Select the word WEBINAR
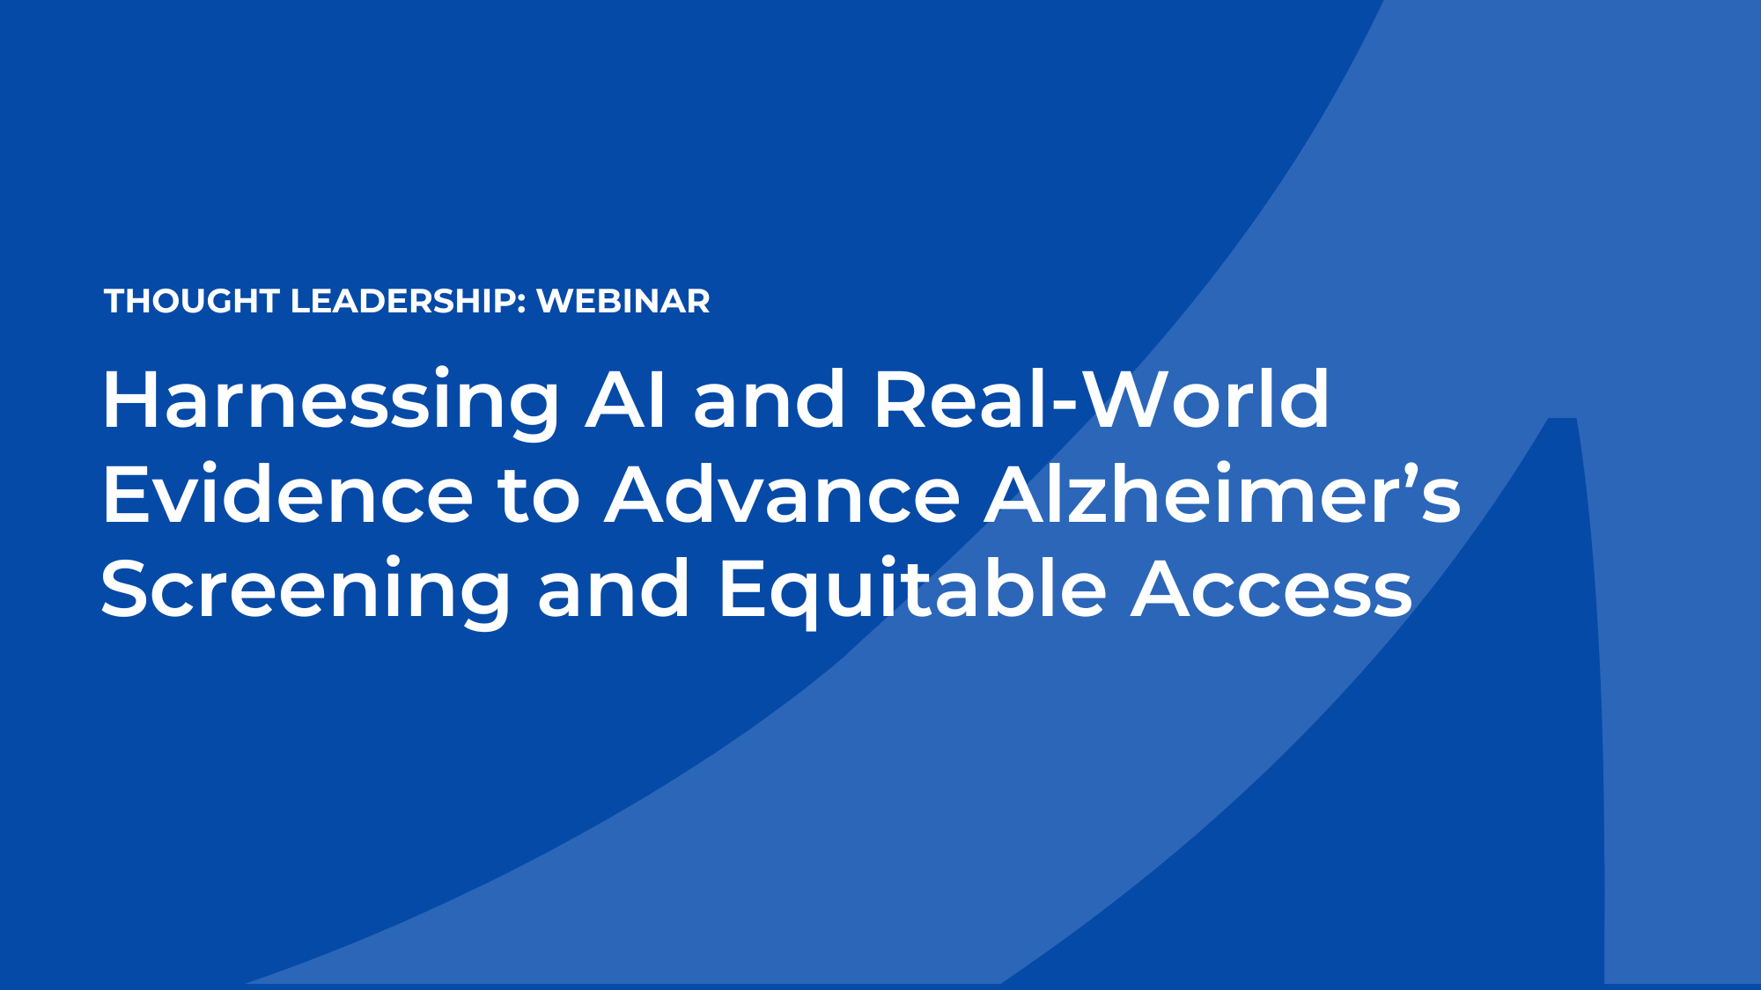tap(623, 301)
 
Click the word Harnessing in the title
tap(331, 400)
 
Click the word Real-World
tap(1101, 400)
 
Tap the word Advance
tap(782, 495)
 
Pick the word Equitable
tap(912, 590)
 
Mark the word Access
tap(1271, 590)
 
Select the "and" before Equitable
tap(614, 590)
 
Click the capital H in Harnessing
tap(132, 400)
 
